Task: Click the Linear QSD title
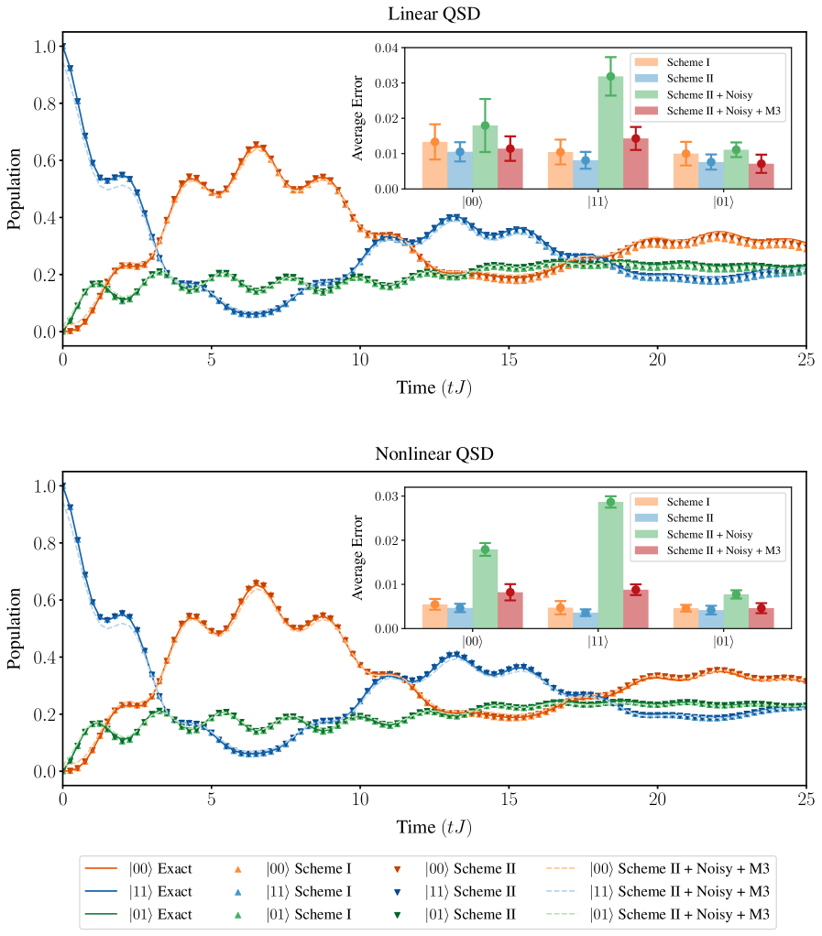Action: coord(434,14)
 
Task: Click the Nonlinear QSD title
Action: coord(434,454)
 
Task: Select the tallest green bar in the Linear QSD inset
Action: coord(610,132)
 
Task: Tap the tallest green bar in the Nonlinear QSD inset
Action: coord(610,564)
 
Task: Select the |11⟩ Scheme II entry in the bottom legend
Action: coord(470,891)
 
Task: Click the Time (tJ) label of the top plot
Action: coord(434,386)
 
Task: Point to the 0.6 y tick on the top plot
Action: coord(41,161)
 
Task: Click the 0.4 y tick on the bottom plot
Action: coord(41,658)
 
